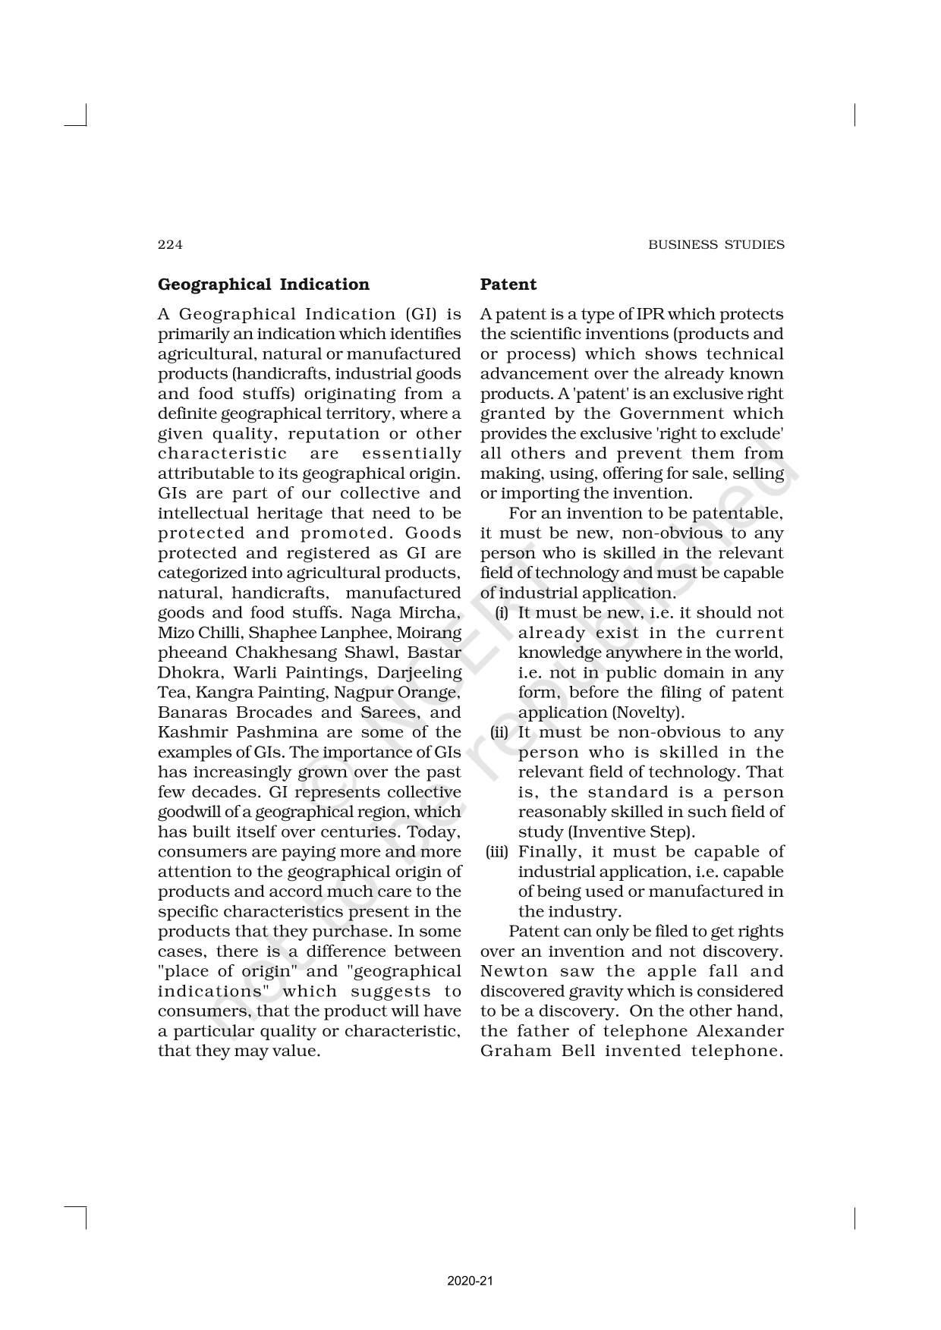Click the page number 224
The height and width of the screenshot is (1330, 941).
(x=170, y=244)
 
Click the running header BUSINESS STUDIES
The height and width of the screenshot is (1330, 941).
(x=716, y=244)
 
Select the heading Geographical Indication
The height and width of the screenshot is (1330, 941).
(x=263, y=285)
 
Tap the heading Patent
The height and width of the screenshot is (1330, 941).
(x=508, y=285)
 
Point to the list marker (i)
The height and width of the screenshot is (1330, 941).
(x=502, y=613)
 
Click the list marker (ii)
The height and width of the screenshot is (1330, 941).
(x=499, y=732)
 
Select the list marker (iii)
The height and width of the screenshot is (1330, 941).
(x=498, y=852)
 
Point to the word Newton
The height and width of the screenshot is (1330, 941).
(x=514, y=971)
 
